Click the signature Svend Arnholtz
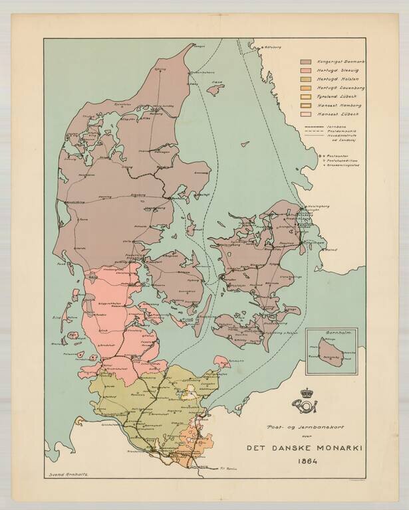(x=69, y=476)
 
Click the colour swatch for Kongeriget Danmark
(x=307, y=62)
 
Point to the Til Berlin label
(x=228, y=469)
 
